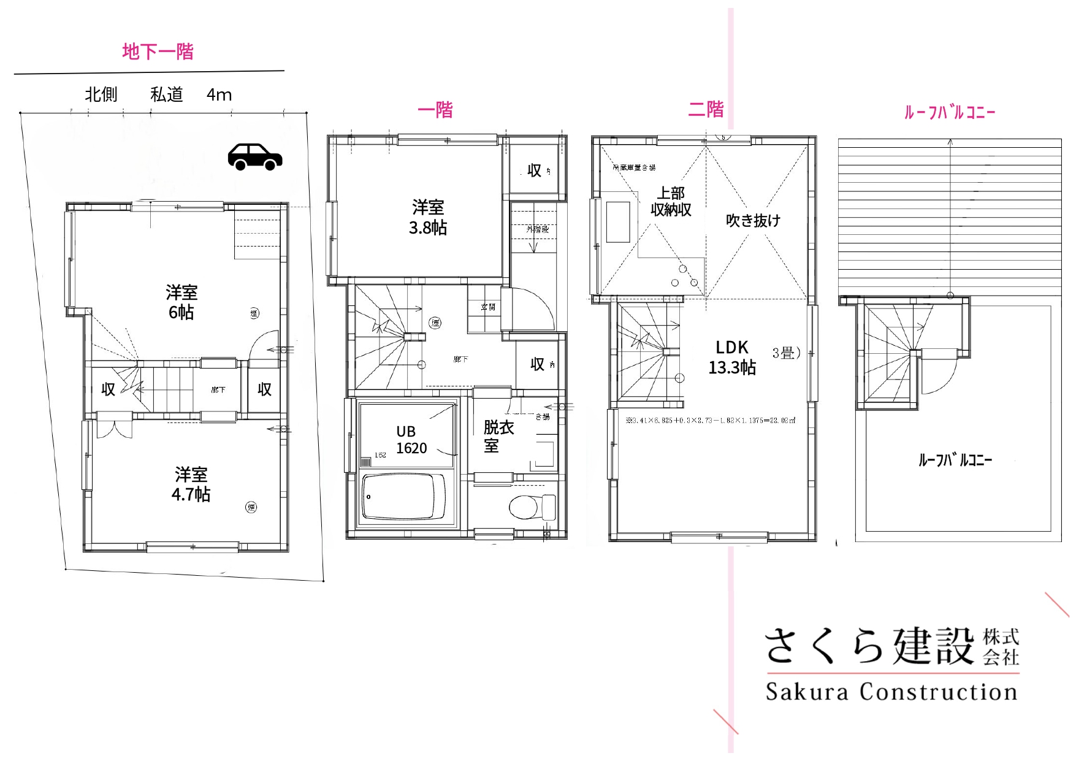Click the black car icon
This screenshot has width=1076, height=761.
255,157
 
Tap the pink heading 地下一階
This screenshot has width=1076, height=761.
158,52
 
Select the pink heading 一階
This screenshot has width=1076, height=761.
435,110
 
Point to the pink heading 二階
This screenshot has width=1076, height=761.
706,110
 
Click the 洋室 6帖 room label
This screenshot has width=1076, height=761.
181,302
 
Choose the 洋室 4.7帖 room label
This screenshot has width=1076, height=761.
191,484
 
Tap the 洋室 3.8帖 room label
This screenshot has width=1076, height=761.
428,218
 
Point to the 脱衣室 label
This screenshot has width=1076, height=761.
498,436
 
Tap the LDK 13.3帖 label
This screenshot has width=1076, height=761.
732,358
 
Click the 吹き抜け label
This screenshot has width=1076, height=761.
753,221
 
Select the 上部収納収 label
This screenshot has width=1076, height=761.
671,202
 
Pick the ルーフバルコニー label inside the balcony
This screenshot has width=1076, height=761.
955,460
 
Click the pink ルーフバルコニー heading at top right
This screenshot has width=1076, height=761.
950,112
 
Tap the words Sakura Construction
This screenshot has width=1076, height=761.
891,692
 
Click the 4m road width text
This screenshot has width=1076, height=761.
219,95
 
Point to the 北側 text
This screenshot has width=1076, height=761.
101,95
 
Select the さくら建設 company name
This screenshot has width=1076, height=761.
869,646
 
